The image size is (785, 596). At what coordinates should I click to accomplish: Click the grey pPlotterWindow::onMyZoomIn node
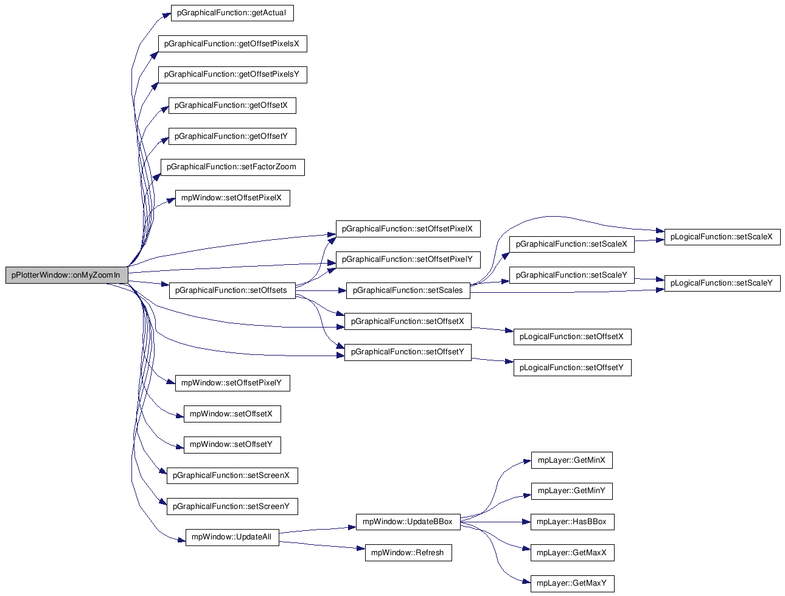66,275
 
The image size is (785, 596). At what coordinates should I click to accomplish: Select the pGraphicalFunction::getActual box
232,13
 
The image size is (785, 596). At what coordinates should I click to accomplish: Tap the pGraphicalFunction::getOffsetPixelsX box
232,44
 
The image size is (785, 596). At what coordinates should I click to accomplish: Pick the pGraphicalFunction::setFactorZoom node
232,167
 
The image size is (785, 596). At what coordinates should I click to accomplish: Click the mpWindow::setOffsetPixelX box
232,198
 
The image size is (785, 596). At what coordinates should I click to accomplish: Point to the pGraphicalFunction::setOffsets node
232,290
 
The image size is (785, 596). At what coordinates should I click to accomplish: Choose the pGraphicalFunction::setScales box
408,290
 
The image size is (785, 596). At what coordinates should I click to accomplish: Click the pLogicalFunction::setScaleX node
722,237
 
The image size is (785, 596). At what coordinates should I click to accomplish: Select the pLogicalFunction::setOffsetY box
572,368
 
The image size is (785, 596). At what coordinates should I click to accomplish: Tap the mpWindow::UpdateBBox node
408,522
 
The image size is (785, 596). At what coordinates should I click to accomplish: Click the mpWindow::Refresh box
408,552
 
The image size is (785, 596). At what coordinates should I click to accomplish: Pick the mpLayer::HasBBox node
572,522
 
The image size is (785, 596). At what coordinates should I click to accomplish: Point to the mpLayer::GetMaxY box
572,583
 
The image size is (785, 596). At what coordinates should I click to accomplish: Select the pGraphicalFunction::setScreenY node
232,507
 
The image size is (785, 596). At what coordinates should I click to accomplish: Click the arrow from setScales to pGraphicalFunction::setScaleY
490,283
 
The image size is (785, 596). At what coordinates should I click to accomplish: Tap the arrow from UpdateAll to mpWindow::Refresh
322,545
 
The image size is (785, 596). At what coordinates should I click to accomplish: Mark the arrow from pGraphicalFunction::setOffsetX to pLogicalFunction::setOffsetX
492,329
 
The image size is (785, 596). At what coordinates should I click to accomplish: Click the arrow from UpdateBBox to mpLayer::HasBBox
495,522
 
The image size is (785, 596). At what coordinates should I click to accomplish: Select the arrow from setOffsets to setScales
321,290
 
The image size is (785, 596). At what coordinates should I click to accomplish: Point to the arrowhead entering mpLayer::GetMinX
527,461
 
